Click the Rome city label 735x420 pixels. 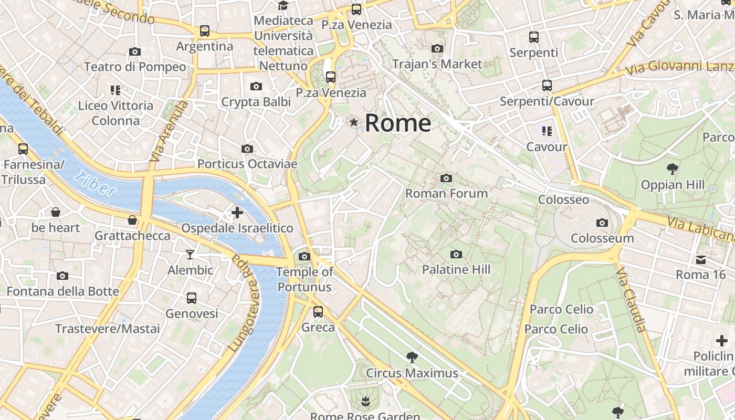pyautogui.click(x=397, y=123)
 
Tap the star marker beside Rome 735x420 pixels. pyautogui.click(x=354, y=122)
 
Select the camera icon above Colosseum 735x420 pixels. pyautogui.click(x=602, y=223)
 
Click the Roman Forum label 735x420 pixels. pyautogui.click(x=446, y=193)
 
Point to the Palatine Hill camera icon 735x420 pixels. pyautogui.click(x=456, y=255)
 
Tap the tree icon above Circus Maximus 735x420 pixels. pyautogui.click(x=412, y=358)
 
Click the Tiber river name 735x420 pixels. pyautogui.click(x=95, y=184)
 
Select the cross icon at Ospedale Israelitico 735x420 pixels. pyautogui.click(x=237, y=213)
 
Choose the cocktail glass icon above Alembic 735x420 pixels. pyautogui.click(x=190, y=255)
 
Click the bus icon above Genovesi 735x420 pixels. pyautogui.click(x=192, y=298)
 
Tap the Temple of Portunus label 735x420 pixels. pyautogui.click(x=304, y=279)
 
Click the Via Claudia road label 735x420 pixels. pyautogui.click(x=632, y=300)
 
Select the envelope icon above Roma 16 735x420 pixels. pyautogui.click(x=701, y=259)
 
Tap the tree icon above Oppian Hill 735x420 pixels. pyautogui.click(x=672, y=169)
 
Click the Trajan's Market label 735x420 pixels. pyautogui.click(x=437, y=64)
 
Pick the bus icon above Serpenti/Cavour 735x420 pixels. pyautogui.click(x=547, y=86)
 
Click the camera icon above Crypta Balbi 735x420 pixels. pyautogui.click(x=256, y=87)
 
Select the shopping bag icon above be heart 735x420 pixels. pyautogui.click(x=56, y=213)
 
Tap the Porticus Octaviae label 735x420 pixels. pyautogui.click(x=247, y=164)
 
